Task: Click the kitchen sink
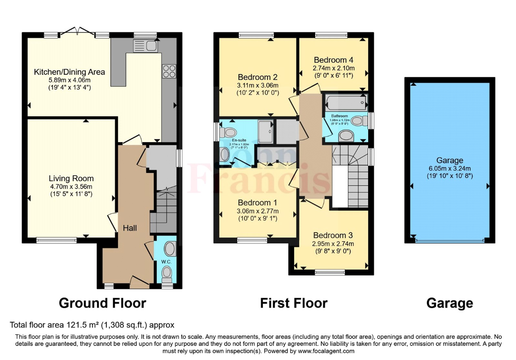[x=146, y=45]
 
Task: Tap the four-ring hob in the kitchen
[x=169, y=71]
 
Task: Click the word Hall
[x=130, y=228]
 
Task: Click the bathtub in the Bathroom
[x=346, y=102]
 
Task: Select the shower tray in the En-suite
[x=265, y=132]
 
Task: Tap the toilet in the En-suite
[x=229, y=132]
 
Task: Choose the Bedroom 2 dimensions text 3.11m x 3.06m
[x=258, y=85]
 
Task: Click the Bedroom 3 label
[x=333, y=236]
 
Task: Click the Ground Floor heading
[x=102, y=303]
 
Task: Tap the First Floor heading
[x=294, y=303]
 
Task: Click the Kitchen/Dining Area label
[x=70, y=72]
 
